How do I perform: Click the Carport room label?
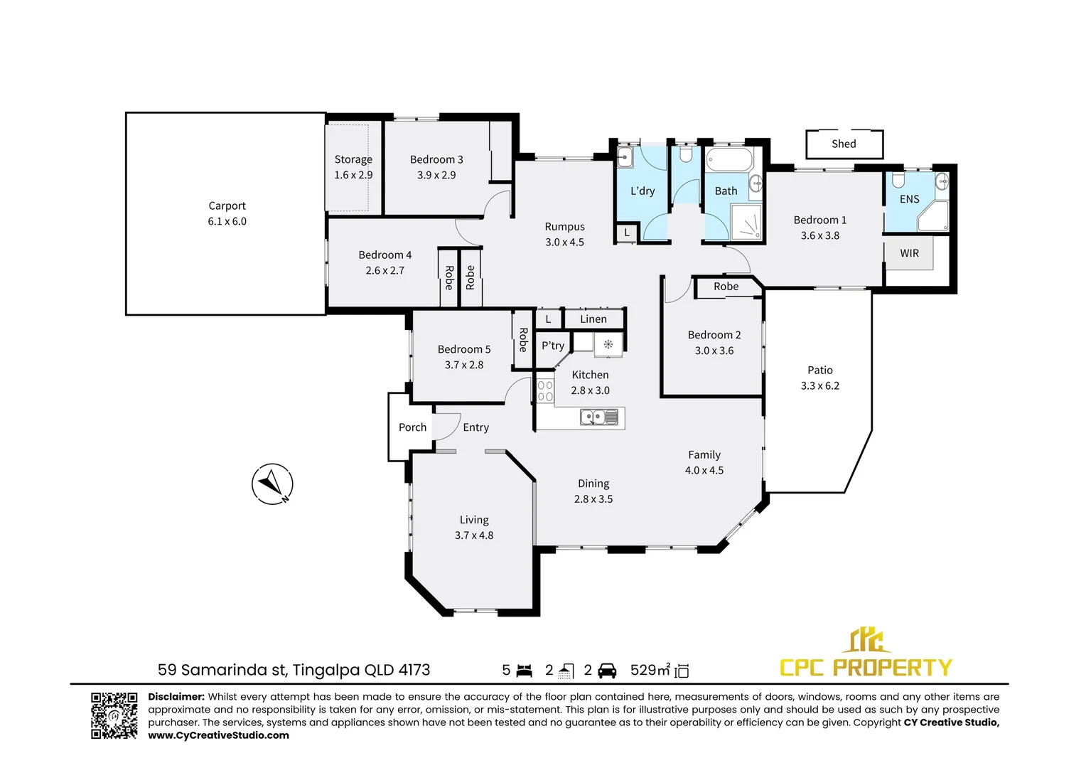(x=227, y=206)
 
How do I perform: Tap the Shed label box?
(x=844, y=144)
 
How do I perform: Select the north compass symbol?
(x=272, y=484)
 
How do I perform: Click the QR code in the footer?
(x=114, y=715)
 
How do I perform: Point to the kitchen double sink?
(x=599, y=417)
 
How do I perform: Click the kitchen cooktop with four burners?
(x=545, y=391)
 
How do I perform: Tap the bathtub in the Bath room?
(x=729, y=159)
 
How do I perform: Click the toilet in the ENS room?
(x=898, y=180)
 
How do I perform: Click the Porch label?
(x=413, y=427)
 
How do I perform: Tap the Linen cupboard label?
(x=593, y=319)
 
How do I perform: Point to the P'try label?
(x=553, y=346)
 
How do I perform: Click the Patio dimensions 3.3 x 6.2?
(x=820, y=385)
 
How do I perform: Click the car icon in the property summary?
(x=607, y=671)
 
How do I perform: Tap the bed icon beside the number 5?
(x=524, y=671)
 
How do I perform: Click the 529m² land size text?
(x=650, y=670)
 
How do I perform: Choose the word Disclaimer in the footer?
(x=176, y=697)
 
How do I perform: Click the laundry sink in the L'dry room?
(x=625, y=157)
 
